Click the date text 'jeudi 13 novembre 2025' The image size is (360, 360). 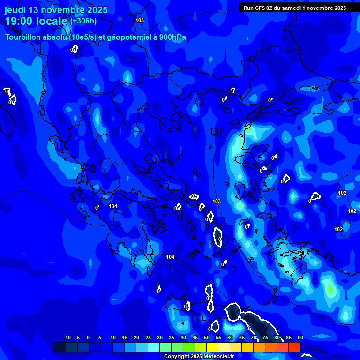(56, 10)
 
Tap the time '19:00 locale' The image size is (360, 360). (37, 21)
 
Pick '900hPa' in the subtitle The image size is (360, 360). (173, 37)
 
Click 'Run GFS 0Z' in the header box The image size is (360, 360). (259, 8)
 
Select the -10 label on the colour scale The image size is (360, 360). (67, 337)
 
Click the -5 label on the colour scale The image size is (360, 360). (78, 337)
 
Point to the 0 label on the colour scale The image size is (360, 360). (88, 337)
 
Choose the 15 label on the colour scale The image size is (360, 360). (125, 337)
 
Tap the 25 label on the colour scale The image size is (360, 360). (148, 337)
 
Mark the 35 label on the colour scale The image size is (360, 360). (172, 337)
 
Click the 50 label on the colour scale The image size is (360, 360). (207, 337)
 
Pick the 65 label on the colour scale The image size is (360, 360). (242, 337)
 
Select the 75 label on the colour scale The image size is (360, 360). (265, 337)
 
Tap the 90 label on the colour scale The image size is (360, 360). (300, 337)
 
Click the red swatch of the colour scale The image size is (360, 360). (294, 347)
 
